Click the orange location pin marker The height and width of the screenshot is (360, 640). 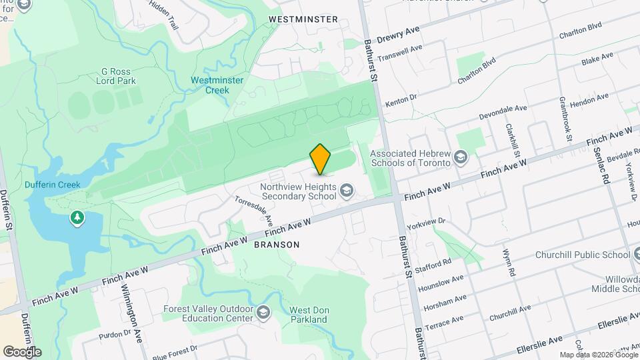(321, 159)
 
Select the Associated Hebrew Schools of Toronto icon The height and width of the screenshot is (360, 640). (460, 157)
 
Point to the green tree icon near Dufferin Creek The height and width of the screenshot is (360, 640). (78, 217)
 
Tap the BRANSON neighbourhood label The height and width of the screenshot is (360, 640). (277, 245)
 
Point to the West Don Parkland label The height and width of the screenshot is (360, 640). (308, 315)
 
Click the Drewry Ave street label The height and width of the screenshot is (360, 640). (398, 37)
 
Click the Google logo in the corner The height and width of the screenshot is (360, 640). (22, 351)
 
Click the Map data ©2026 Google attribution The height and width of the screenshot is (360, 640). (599, 355)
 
